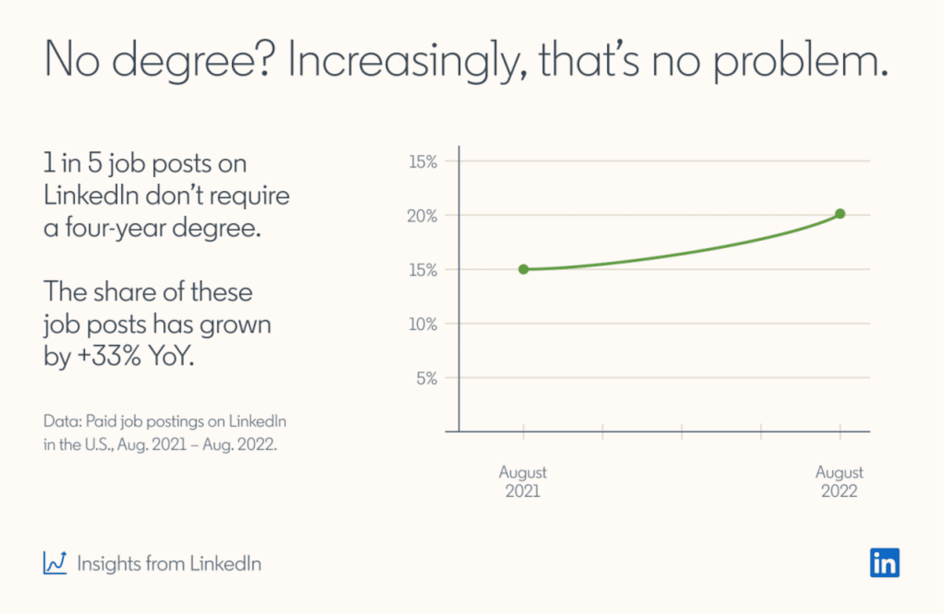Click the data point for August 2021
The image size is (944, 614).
point(523,269)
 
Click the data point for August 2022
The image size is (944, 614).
point(840,214)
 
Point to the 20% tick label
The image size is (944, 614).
point(422,215)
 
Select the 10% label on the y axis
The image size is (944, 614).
point(422,324)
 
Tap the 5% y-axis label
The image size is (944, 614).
point(426,378)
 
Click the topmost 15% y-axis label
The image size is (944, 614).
point(422,162)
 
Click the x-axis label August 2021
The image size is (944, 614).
point(523,482)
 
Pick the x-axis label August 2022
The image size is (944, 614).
point(839,482)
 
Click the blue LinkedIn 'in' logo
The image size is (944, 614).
point(884,563)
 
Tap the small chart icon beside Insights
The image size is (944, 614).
point(54,563)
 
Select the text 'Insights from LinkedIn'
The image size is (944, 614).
point(169,564)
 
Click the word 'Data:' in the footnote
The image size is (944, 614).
point(61,421)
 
